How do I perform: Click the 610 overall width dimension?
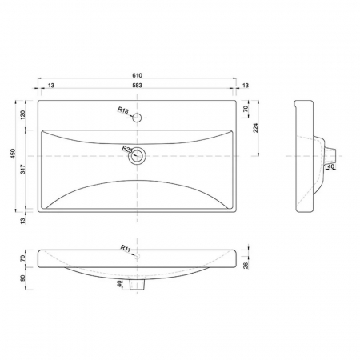137,75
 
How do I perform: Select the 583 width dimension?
137,86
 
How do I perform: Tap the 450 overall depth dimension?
14,154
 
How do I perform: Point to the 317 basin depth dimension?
23,169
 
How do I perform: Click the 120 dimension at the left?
23,114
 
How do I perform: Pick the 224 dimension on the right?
255,128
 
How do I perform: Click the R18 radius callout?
123,110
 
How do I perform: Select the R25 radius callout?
127,149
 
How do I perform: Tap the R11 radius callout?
126,248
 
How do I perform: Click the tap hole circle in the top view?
137,118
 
